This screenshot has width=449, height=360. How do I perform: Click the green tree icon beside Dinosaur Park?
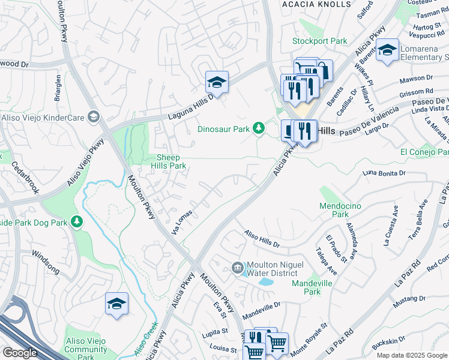(x=259, y=128)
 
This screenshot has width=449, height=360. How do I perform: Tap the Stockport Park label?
(x=319, y=41)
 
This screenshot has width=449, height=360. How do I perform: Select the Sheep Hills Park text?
(x=169, y=161)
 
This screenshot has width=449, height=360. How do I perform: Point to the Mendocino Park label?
(x=340, y=210)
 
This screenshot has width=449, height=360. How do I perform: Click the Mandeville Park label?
(x=312, y=287)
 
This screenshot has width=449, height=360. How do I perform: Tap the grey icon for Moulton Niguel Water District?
(x=238, y=267)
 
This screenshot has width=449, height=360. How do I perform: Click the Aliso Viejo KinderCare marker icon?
(x=93, y=116)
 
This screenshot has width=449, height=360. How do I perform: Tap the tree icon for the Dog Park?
(x=76, y=222)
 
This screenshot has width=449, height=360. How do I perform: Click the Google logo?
(x=20, y=353)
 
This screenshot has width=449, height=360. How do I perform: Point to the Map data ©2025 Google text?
(x=411, y=355)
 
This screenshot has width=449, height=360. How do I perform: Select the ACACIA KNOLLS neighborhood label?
(x=316, y=4)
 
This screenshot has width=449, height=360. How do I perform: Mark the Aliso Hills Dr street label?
(x=261, y=239)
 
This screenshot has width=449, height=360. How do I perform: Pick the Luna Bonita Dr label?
(x=384, y=173)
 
